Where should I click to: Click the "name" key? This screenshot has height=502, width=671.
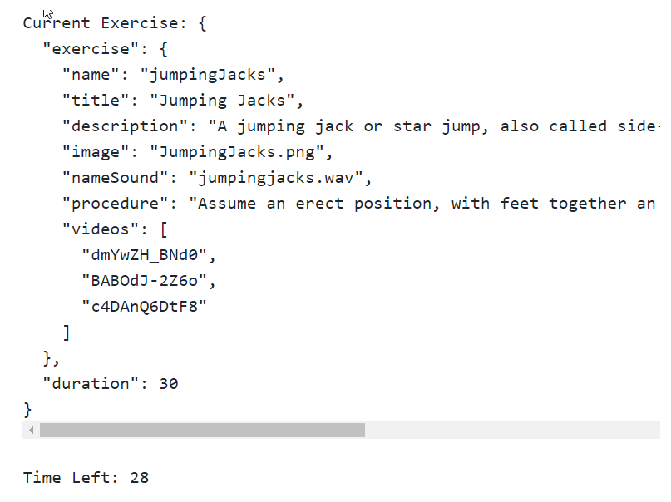click(91, 75)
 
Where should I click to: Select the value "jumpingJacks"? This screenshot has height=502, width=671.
click(208, 76)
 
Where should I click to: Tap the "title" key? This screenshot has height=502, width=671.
click(96, 101)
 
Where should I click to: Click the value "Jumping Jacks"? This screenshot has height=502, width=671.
click(222, 101)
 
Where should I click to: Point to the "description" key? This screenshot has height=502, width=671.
click(125, 126)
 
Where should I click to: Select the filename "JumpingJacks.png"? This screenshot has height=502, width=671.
click(237, 152)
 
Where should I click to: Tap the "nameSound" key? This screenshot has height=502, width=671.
click(115, 178)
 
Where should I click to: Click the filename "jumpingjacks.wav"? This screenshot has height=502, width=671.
click(275, 178)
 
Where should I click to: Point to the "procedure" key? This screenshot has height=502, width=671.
click(115, 204)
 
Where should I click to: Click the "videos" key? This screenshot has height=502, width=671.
click(100, 229)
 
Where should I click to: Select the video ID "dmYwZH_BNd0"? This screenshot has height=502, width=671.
click(145, 255)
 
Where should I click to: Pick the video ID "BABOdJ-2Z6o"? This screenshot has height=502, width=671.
click(145, 281)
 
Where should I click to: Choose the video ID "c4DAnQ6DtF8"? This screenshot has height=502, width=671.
click(145, 307)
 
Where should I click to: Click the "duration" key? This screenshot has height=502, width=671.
click(91, 383)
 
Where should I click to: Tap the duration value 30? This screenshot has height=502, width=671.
click(169, 384)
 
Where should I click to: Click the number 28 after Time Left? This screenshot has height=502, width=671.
click(140, 478)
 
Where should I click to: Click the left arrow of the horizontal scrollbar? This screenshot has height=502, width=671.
click(32, 431)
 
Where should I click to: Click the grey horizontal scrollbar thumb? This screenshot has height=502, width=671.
click(202, 431)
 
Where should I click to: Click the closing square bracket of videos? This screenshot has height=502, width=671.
click(67, 332)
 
